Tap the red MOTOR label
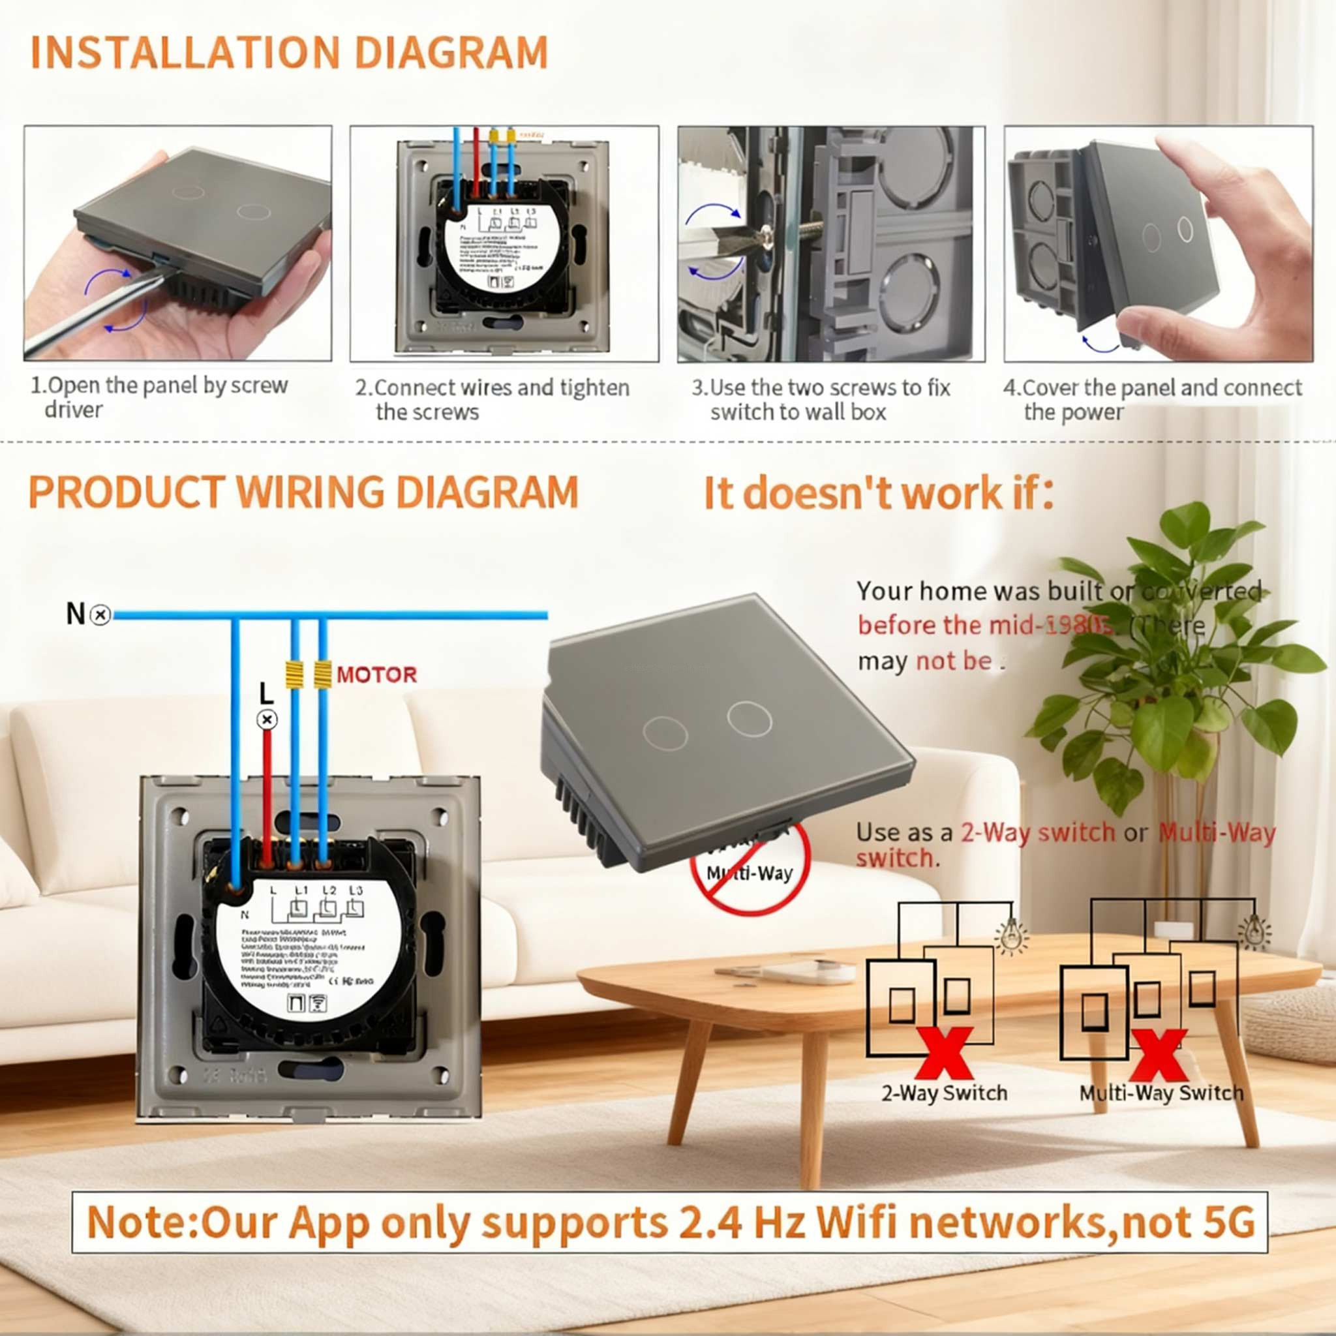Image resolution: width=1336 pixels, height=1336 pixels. click(376, 675)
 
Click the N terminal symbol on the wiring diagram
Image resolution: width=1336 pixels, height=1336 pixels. click(101, 614)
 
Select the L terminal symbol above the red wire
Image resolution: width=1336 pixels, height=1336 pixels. click(267, 720)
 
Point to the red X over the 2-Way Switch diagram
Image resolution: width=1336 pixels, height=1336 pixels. click(945, 1053)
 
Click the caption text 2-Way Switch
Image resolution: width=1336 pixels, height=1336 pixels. click(944, 1093)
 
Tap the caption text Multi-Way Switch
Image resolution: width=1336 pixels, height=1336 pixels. click(1161, 1093)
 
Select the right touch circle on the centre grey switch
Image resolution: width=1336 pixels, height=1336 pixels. click(749, 719)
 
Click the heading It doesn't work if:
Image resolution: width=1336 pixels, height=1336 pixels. click(877, 493)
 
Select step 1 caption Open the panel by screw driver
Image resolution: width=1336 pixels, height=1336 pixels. click(159, 397)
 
